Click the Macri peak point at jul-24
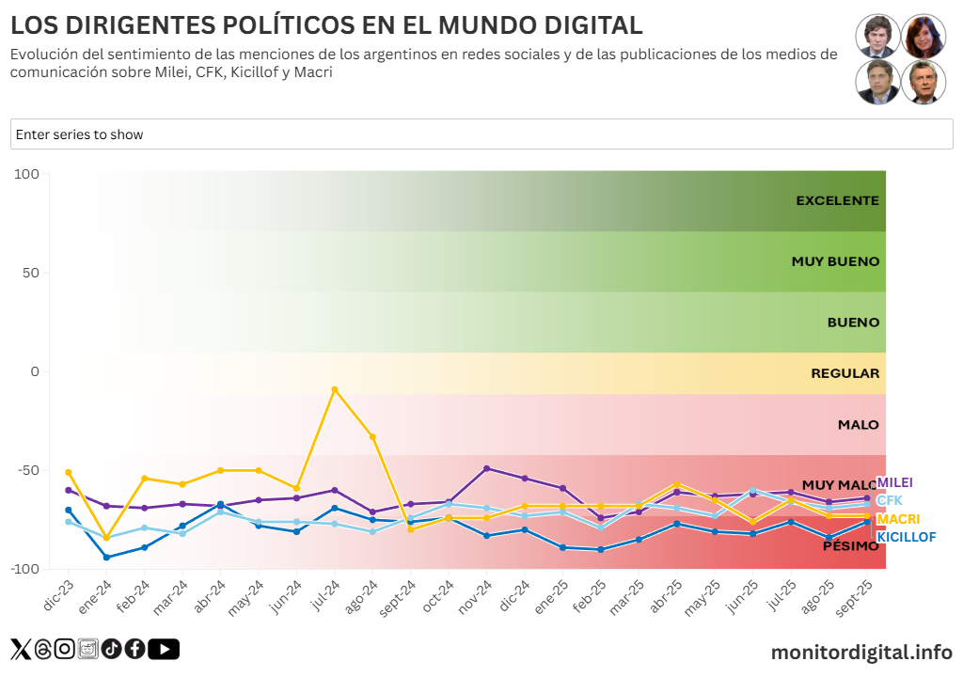335,389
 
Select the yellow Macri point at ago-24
372,436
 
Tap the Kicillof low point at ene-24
106,558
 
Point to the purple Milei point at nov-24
486,468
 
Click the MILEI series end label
894,482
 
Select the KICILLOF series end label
906,537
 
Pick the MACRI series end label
898,519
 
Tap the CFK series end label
889,500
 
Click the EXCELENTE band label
837,200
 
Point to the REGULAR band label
845,373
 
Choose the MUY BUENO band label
835,261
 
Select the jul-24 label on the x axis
326,595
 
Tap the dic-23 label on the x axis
59,595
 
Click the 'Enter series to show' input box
481,134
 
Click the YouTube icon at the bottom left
164,649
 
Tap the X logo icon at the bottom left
20,649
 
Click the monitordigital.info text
861,652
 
